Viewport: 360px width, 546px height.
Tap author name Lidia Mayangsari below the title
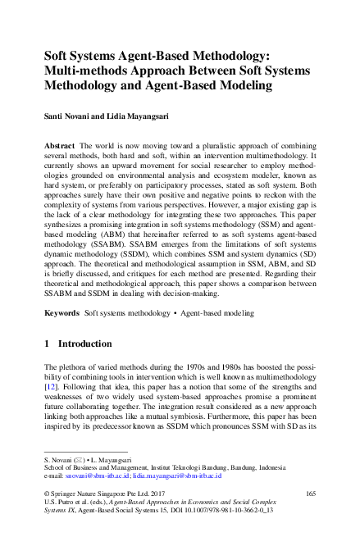pos(139,116)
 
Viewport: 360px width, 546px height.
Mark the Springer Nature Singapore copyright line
pos(99,492)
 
